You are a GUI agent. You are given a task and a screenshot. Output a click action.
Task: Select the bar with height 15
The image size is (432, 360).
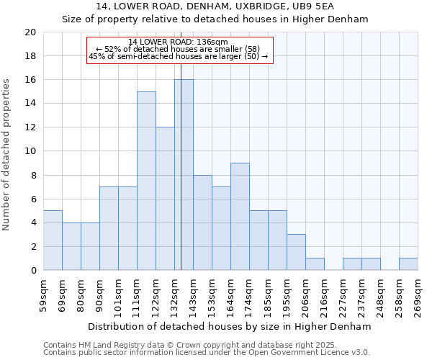[x=146, y=181]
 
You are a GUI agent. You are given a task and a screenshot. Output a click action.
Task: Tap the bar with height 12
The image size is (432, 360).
[x=165, y=199]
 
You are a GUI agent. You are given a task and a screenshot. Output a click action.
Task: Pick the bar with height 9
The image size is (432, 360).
[x=240, y=217]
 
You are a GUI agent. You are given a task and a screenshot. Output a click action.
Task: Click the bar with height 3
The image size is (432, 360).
[x=296, y=252]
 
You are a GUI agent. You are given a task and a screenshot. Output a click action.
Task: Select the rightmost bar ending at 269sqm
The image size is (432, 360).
[x=408, y=264]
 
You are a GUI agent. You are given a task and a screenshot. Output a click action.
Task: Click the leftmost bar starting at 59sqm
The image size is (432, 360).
[x=53, y=240]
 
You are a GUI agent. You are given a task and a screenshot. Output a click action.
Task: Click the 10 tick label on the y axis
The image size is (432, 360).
[x=30, y=151]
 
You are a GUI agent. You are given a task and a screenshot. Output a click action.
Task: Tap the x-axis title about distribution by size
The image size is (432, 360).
[x=230, y=326]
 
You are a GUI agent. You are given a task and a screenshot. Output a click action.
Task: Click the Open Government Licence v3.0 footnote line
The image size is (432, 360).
[x=207, y=352]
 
